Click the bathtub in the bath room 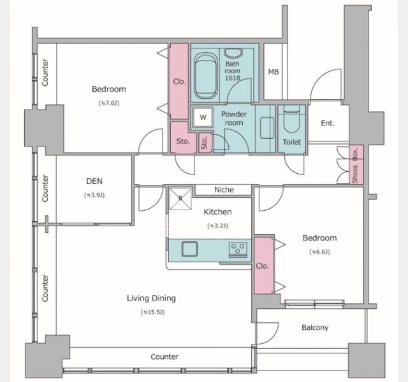[x=205, y=76]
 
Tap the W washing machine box [x=203, y=117]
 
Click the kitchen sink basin [x=189, y=249]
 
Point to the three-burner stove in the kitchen [x=238, y=250]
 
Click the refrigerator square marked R [x=180, y=199]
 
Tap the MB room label [x=273, y=72]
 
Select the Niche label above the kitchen [x=224, y=190]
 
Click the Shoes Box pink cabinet [x=356, y=164]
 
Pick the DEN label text [x=94, y=181]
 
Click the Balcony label [x=315, y=328]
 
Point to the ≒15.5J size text [x=153, y=312]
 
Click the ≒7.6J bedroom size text [x=109, y=103]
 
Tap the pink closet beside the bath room [x=179, y=81]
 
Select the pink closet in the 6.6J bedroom [x=263, y=265]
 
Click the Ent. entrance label [x=328, y=123]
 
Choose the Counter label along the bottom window [x=164, y=357]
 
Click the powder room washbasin [x=267, y=127]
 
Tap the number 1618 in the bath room [x=232, y=78]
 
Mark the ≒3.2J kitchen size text [x=217, y=226]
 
